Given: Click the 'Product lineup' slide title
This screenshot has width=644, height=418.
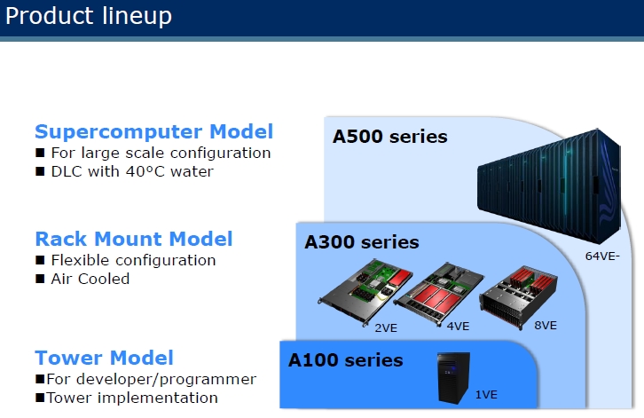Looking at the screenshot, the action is (89, 17).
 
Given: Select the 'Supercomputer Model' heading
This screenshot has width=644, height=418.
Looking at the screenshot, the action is (154, 132).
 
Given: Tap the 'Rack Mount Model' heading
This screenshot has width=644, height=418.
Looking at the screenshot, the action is (134, 239).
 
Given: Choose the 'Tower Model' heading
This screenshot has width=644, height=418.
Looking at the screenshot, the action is (105, 358).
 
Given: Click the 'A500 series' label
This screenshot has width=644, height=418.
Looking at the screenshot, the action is (389, 137).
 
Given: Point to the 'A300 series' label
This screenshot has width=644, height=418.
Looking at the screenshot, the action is (362, 242).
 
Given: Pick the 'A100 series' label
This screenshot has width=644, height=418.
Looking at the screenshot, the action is (345, 360).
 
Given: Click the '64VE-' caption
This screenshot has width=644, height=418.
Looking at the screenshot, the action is (602, 256).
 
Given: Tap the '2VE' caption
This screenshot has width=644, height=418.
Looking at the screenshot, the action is (386, 328).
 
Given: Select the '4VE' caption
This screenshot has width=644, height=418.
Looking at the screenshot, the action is (458, 327).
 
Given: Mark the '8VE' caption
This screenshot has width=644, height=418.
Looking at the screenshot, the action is (546, 326).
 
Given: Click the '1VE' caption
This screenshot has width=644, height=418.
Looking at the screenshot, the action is (486, 395).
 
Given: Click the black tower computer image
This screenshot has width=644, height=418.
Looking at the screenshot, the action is (453, 378).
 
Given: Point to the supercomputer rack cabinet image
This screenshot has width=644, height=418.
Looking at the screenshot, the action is (549, 185).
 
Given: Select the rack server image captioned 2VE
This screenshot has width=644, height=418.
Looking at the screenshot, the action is (365, 291).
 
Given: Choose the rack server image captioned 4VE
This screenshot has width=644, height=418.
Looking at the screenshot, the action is (438, 294).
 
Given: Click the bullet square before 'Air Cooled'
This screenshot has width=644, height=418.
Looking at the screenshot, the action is (40, 279).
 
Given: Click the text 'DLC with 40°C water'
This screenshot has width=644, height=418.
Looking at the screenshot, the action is (132, 171).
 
